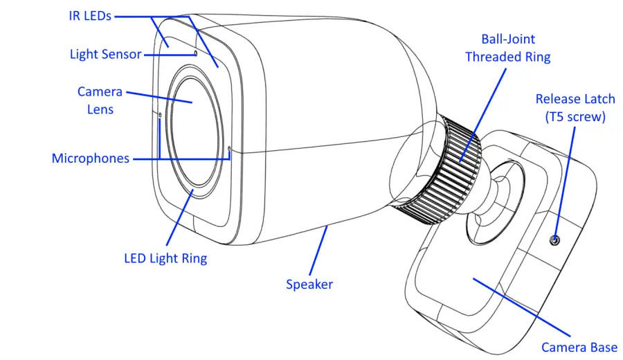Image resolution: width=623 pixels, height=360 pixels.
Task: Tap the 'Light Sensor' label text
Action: point(105,54)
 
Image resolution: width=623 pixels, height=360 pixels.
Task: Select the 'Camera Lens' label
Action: point(100,100)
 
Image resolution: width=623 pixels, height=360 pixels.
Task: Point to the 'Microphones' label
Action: point(90,159)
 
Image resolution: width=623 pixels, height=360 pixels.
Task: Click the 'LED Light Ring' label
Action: point(165,259)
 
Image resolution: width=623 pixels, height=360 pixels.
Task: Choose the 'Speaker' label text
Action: point(309,285)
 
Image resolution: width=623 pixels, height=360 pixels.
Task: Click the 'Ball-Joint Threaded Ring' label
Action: point(507,48)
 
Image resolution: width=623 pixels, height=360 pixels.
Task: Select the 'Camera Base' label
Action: point(579,348)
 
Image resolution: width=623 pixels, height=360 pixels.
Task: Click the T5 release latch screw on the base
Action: point(555,240)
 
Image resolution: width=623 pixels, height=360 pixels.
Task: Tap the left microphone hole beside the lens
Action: point(160,115)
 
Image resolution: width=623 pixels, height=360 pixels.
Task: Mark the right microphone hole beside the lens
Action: point(230,147)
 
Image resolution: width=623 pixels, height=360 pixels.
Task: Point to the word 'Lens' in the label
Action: point(100,109)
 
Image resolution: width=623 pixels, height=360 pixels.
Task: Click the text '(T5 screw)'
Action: point(575,117)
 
